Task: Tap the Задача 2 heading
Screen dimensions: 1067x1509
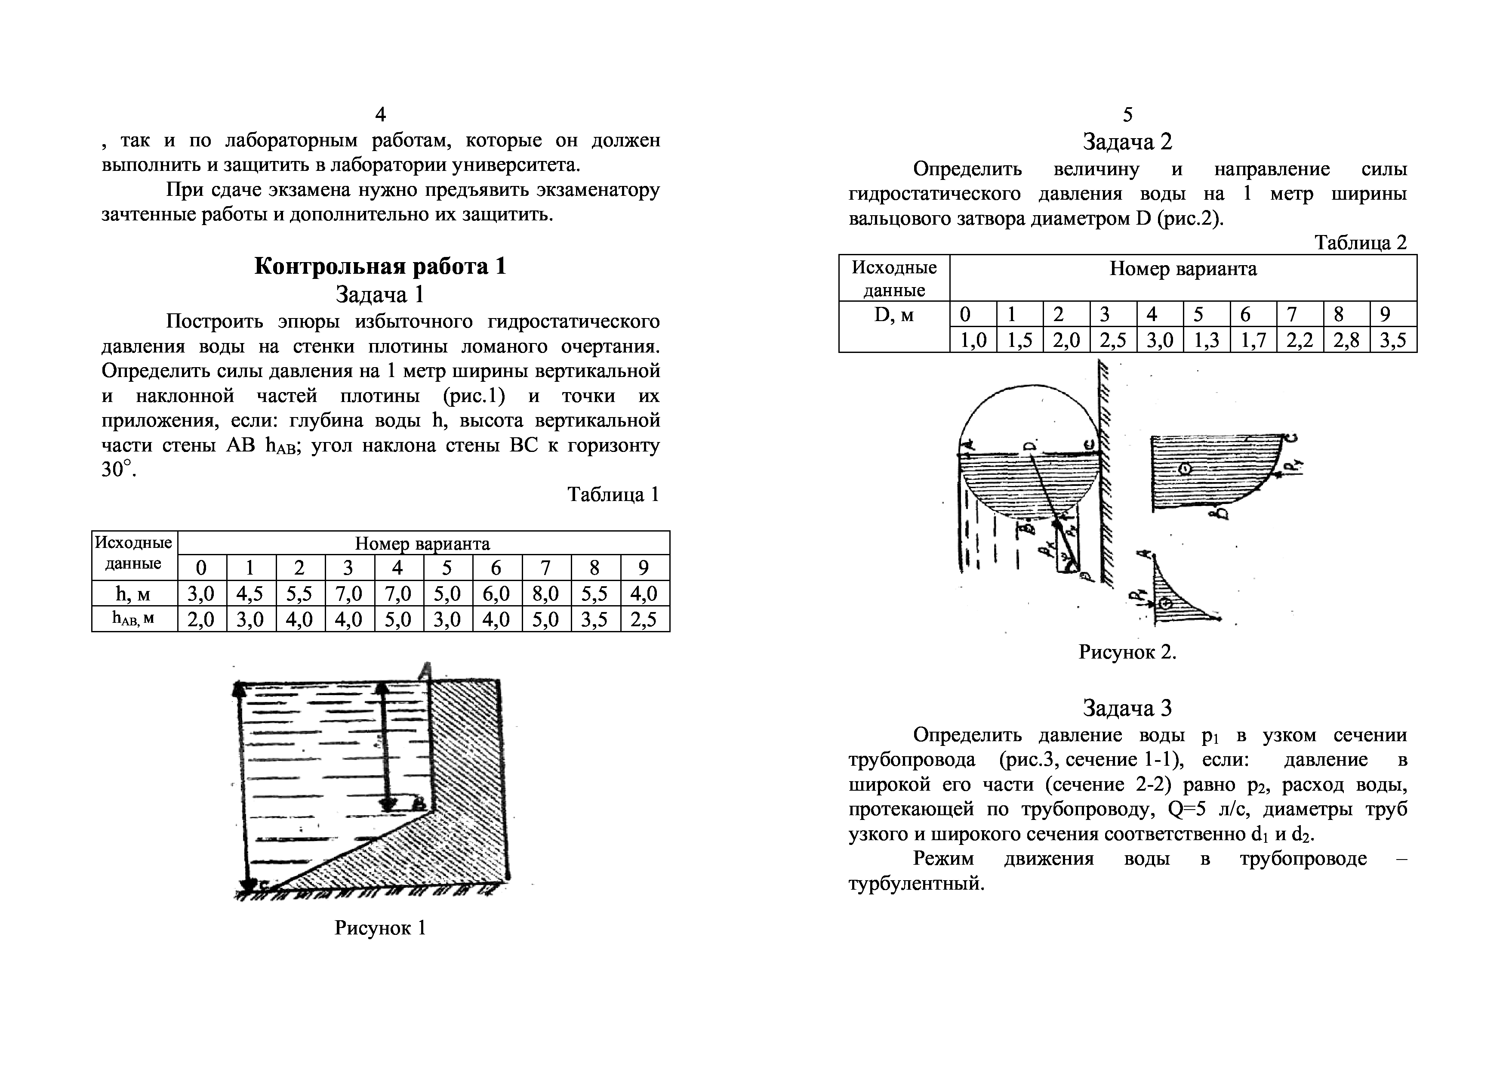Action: pos(1127,142)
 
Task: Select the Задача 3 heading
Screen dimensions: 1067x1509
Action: pos(1127,708)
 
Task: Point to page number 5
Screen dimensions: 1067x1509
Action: pos(1127,115)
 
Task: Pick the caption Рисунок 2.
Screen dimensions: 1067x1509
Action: pos(1127,652)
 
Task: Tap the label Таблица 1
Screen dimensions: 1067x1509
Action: pos(613,495)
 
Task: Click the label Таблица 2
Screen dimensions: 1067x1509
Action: pos(1361,243)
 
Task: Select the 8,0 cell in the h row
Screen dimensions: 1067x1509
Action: pos(546,594)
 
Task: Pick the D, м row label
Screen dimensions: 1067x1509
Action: pos(894,315)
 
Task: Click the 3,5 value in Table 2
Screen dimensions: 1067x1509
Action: pos(1393,340)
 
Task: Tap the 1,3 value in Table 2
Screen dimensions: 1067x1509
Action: pos(1206,340)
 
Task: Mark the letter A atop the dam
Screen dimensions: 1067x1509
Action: pos(426,671)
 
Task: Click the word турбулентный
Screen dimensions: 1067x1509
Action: pos(916,884)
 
